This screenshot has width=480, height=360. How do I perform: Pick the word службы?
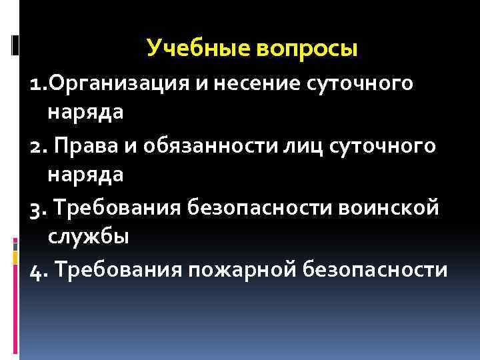coord(86,237)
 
